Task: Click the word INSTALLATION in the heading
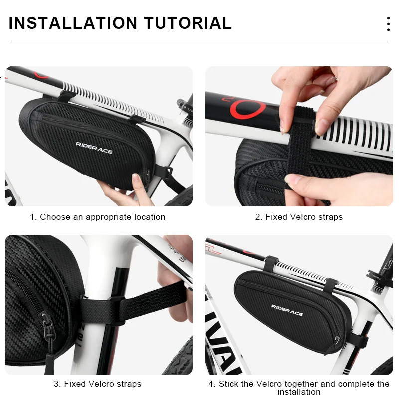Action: pyautogui.click(x=73, y=23)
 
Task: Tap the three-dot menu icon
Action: pyautogui.click(x=388, y=24)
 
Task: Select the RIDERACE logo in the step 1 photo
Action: pyautogui.click(x=94, y=147)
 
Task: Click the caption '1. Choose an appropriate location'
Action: pyautogui.click(x=97, y=217)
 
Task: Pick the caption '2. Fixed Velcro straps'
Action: pyautogui.click(x=299, y=217)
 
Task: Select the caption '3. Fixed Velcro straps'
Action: pyautogui.click(x=97, y=384)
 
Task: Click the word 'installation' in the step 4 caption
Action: pyautogui.click(x=299, y=392)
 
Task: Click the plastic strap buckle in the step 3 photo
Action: pyautogui.click(x=116, y=304)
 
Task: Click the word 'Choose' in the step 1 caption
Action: pyautogui.click(x=54, y=217)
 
